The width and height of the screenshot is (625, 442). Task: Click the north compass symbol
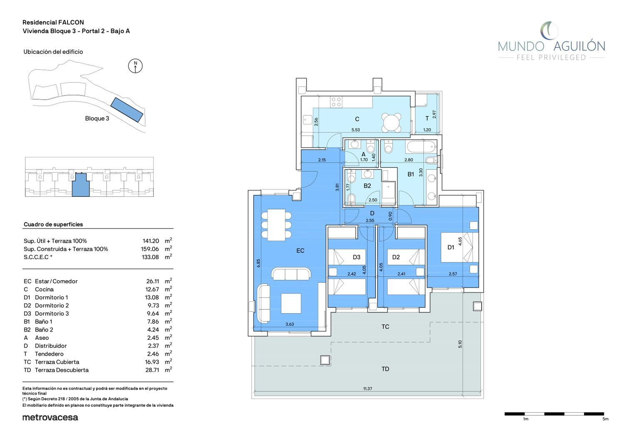135,66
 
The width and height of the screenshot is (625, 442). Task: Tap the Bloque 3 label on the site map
97,118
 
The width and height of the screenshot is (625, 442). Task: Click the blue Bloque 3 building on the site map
127,110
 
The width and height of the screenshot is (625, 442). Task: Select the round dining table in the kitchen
391,122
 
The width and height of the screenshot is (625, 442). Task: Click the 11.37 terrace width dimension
367,388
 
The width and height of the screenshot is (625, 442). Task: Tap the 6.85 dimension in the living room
258,263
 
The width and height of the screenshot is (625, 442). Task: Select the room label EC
300,251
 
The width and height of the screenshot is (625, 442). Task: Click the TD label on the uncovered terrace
385,369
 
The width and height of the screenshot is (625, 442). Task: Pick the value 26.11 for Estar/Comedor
152,281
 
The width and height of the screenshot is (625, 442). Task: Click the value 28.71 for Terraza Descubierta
152,370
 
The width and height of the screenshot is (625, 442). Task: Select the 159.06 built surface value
150,249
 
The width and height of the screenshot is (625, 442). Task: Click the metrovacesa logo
50,417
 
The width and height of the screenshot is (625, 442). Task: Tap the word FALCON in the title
71,23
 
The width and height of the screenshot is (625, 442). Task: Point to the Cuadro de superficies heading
53,224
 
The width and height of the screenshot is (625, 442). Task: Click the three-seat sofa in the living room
291,274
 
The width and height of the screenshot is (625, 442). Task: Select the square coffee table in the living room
291,303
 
